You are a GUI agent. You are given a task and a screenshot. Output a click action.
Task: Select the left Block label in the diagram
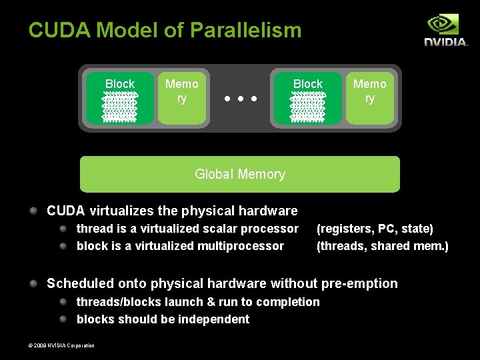[120, 84]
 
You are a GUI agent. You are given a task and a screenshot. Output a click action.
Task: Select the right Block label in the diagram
[308, 84]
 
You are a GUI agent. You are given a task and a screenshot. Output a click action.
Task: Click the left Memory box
[182, 98]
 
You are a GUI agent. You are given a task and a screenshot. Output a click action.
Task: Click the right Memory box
[370, 98]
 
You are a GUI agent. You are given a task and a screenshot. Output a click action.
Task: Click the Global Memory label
[240, 174]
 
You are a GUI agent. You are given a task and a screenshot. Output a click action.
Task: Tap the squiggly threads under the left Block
[119, 107]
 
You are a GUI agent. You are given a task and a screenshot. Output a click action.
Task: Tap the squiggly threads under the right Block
[307, 107]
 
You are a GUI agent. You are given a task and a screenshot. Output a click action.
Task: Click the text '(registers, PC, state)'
[375, 229]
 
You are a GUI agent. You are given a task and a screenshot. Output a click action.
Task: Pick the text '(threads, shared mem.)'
[383, 246]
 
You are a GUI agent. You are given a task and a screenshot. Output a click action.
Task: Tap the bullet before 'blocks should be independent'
[63, 319]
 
